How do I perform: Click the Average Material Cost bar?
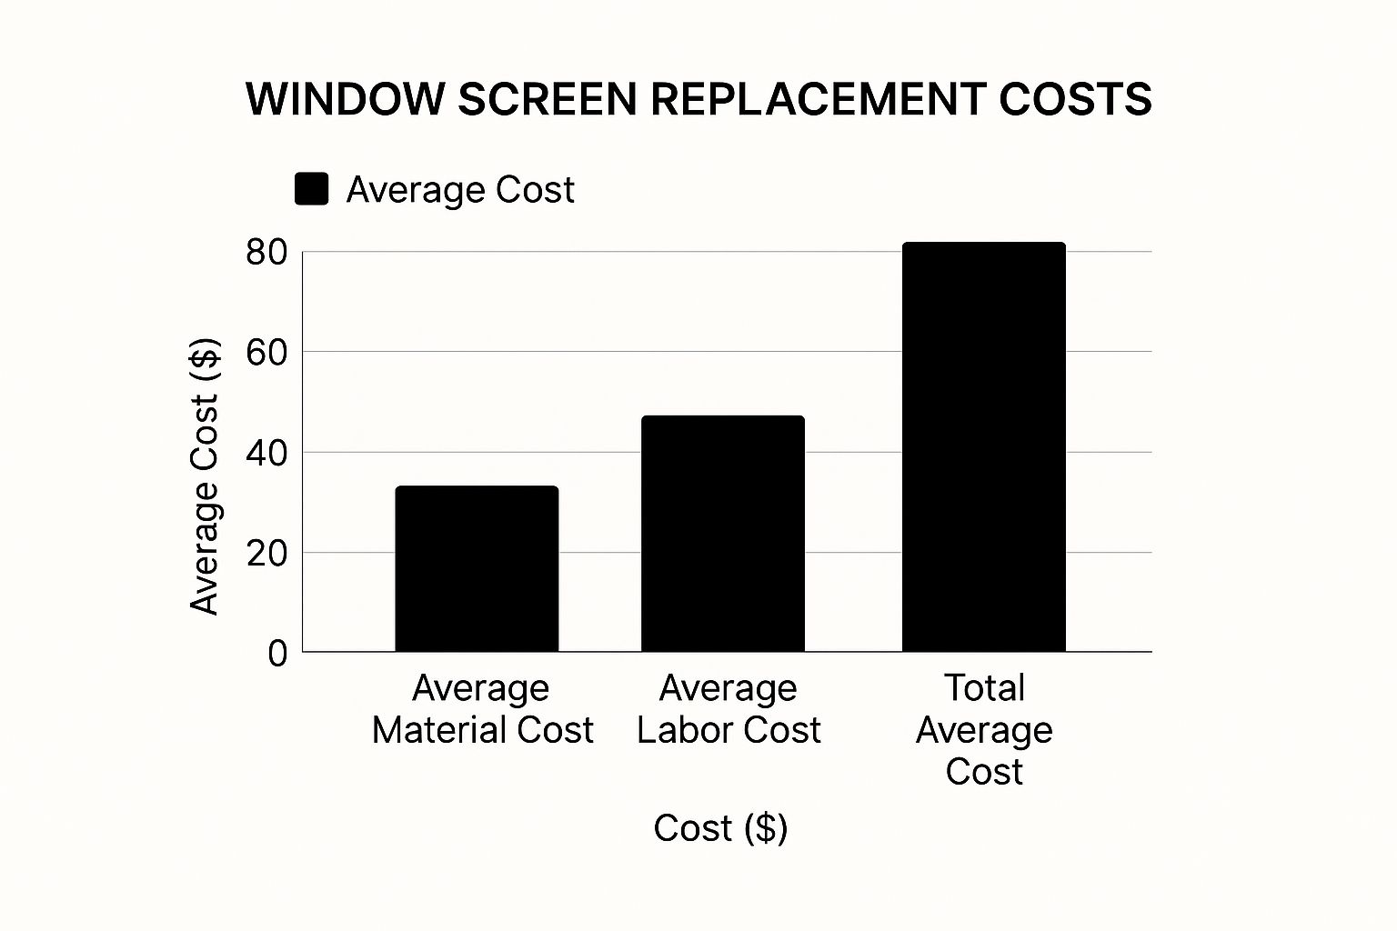(x=477, y=569)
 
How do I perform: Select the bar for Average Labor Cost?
(x=723, y=534)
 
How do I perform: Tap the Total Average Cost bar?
(x=983, y=447)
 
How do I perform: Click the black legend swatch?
(x=311, y=189)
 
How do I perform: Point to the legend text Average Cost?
(x=460, y=190)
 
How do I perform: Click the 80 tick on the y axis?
(x=266, y=253)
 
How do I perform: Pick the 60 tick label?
(x=266, y=353)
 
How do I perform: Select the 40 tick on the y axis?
(x=266, y=453)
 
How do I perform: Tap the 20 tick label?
(x=266, y=553)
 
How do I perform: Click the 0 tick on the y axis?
(x=277, y=654)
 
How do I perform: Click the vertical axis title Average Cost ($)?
(x=205, y=476)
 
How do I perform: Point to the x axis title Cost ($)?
(x=720, y=827)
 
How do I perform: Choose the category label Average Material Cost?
(x=482, y=709)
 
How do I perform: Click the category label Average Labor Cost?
(x=729, y=709)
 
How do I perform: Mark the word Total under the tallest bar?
(x=984, y=688)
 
